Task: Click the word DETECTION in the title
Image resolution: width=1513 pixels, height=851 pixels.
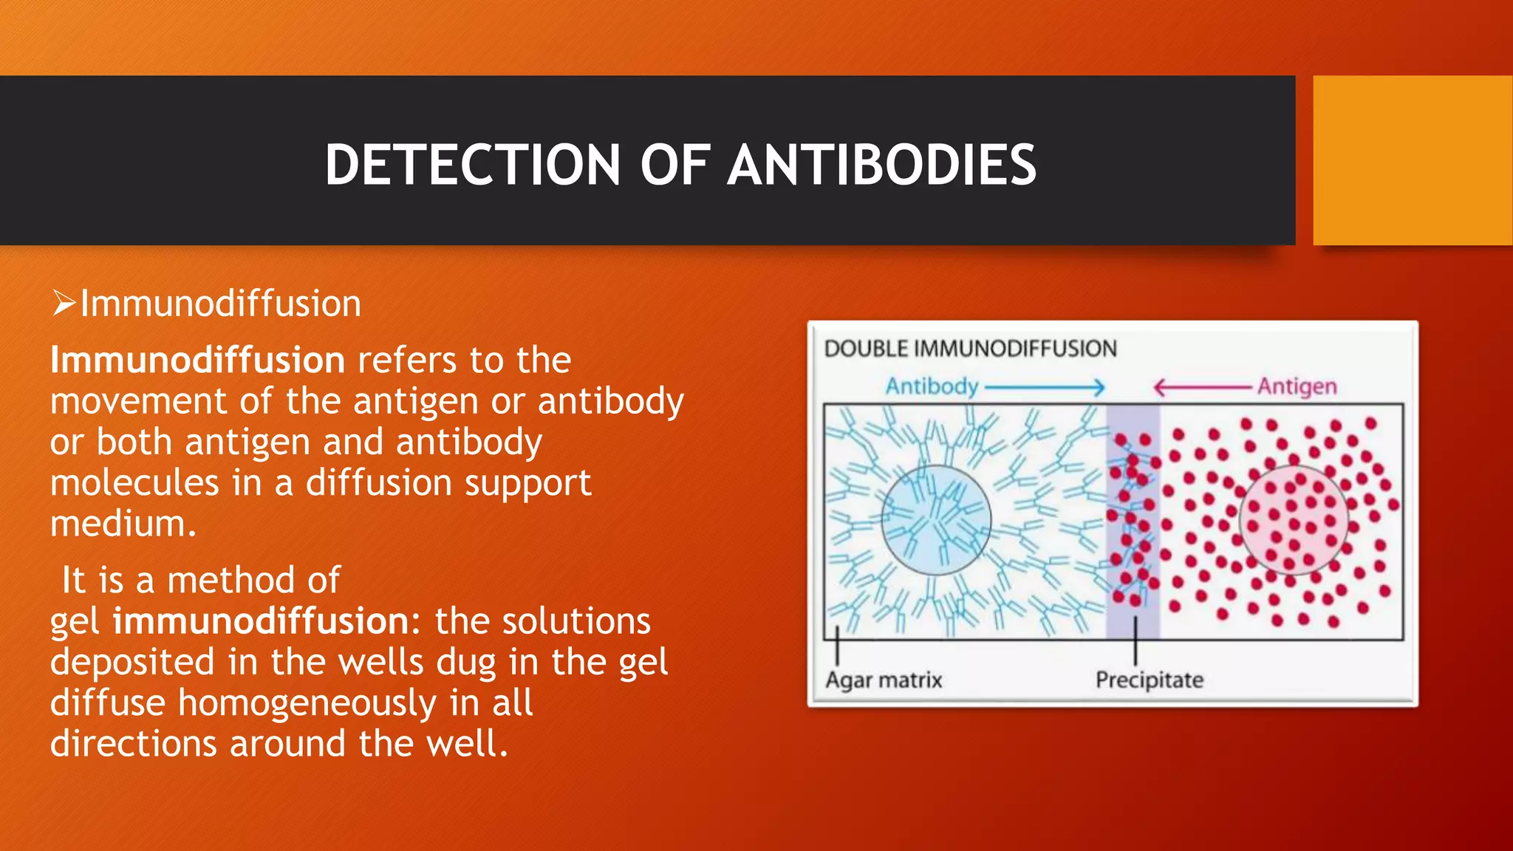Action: click(473, 164)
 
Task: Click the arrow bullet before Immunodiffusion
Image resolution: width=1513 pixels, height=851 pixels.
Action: click(64, 304)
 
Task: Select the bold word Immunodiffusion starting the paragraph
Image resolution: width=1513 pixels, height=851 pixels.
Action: click(197, 360)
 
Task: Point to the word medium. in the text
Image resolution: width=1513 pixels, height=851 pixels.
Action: click(123, 524)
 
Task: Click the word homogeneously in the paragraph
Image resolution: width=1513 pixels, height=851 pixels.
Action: click(307, 703)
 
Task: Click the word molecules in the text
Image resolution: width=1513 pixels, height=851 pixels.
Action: click(134, 483)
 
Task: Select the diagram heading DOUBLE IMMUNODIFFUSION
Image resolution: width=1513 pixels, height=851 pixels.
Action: click(970, 349)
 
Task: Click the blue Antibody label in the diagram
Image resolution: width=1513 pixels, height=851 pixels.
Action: click(932, 386)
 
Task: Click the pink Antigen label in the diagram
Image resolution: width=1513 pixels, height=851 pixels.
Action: click(1297, 386)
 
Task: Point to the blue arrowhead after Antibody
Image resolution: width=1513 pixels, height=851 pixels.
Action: click(1099, 387)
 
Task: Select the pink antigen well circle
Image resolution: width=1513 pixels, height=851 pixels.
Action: click(1294, 520)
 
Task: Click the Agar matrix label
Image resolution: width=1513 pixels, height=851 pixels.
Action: click(884, 680)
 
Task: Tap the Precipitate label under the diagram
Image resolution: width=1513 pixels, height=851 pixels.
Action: click(1149, 680)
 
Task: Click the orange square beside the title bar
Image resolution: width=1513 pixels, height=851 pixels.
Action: click(1412, 160)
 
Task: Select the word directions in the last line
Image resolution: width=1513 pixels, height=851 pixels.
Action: click(134, 743)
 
